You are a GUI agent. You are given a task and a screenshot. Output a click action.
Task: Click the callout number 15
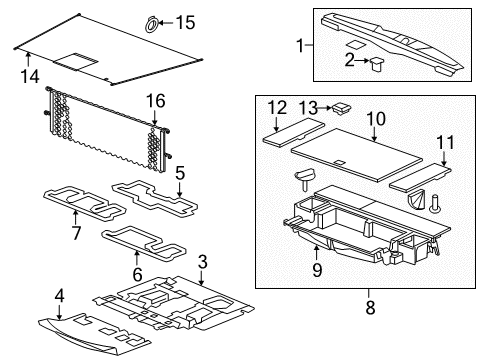click(186, 22)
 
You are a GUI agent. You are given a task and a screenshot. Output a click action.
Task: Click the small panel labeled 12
click(288, 132)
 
